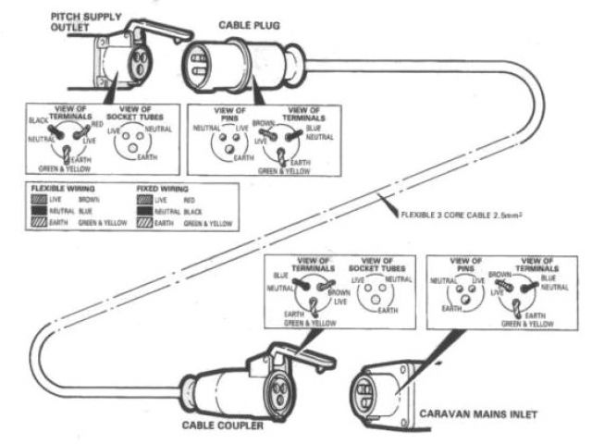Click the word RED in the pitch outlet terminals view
(96, 122)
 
